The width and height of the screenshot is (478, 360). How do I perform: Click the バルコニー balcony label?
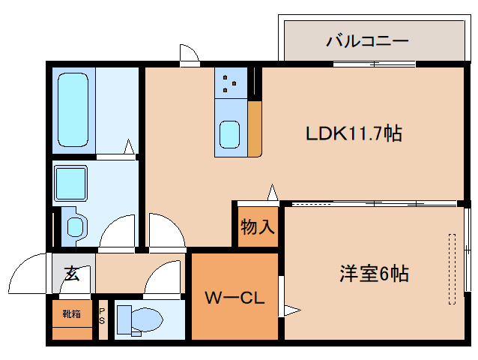coord(366,40)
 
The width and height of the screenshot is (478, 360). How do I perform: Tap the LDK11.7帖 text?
coord(354,133)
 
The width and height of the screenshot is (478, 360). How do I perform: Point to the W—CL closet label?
coord(235,298)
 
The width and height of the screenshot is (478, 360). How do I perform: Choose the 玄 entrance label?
coord(71,274)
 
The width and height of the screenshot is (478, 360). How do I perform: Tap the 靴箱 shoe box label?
coord(72,314)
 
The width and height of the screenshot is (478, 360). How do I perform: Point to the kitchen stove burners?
coord(230,83)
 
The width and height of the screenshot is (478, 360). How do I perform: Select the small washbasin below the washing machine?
coord(76,226)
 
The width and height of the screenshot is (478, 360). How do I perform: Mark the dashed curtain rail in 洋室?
coord(452,268)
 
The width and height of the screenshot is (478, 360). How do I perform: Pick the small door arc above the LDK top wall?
coord(190,55)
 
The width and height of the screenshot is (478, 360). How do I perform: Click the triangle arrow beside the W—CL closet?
coord(290,309)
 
